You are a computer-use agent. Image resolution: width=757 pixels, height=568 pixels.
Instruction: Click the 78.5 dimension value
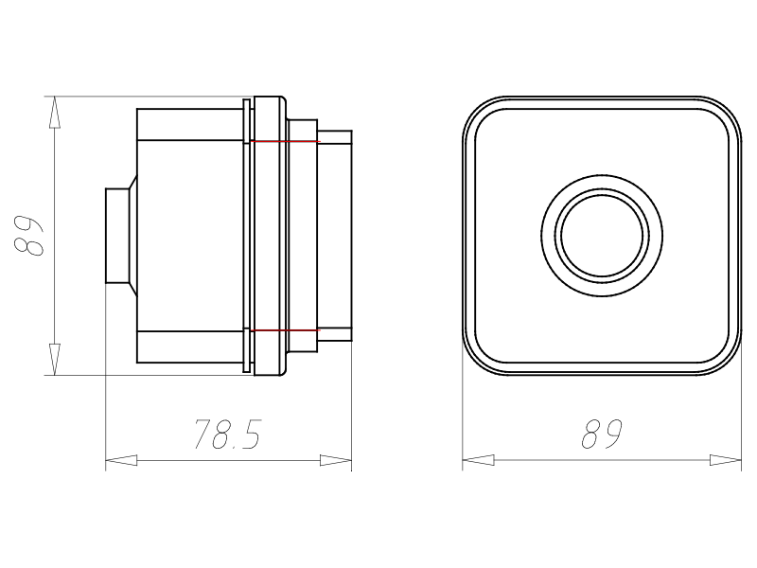point(227,434)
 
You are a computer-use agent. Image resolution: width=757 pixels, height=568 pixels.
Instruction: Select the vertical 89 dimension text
point(28,235)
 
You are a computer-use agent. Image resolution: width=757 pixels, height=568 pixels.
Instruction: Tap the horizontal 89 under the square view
point(602,434)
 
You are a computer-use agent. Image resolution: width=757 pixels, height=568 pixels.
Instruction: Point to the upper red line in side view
point(286,141)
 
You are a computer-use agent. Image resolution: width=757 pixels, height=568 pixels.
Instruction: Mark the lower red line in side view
point(286,330)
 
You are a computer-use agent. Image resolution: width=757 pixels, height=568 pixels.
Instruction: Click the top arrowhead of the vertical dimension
point(54,112)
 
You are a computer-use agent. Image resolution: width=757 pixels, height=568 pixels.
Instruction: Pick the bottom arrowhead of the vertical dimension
point(54,360)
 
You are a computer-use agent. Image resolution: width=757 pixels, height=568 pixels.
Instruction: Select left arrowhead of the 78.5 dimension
point(121,460)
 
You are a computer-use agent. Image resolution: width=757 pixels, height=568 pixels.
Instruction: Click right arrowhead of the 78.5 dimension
point(336,460)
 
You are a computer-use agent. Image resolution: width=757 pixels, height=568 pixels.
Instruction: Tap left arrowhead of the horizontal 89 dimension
point(478,460)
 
